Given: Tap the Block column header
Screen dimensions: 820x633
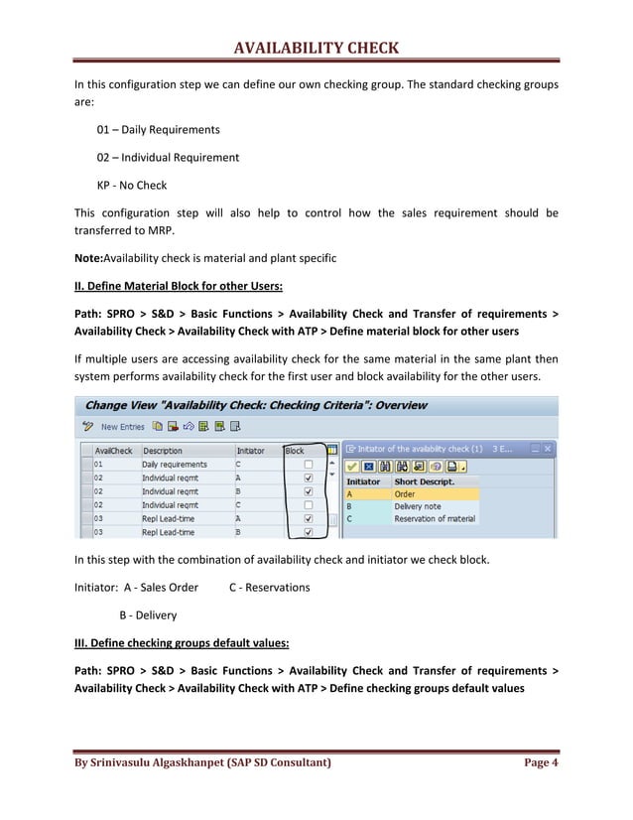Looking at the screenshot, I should click(296, 450).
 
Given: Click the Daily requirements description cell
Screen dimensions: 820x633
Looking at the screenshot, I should click(175, 464).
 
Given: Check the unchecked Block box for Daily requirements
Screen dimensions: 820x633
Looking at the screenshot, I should click(309, 464).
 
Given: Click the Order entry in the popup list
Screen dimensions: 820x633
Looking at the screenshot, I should click(405, 493).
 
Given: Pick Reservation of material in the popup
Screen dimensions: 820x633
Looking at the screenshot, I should click(434, 518).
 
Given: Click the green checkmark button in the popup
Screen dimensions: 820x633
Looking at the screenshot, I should click(352, 466).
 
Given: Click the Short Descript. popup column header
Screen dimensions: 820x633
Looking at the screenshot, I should click(424, 481).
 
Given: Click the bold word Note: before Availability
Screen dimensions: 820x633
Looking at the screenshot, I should click(88, 258).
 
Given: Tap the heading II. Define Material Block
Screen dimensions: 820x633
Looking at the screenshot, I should click(179, 287).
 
